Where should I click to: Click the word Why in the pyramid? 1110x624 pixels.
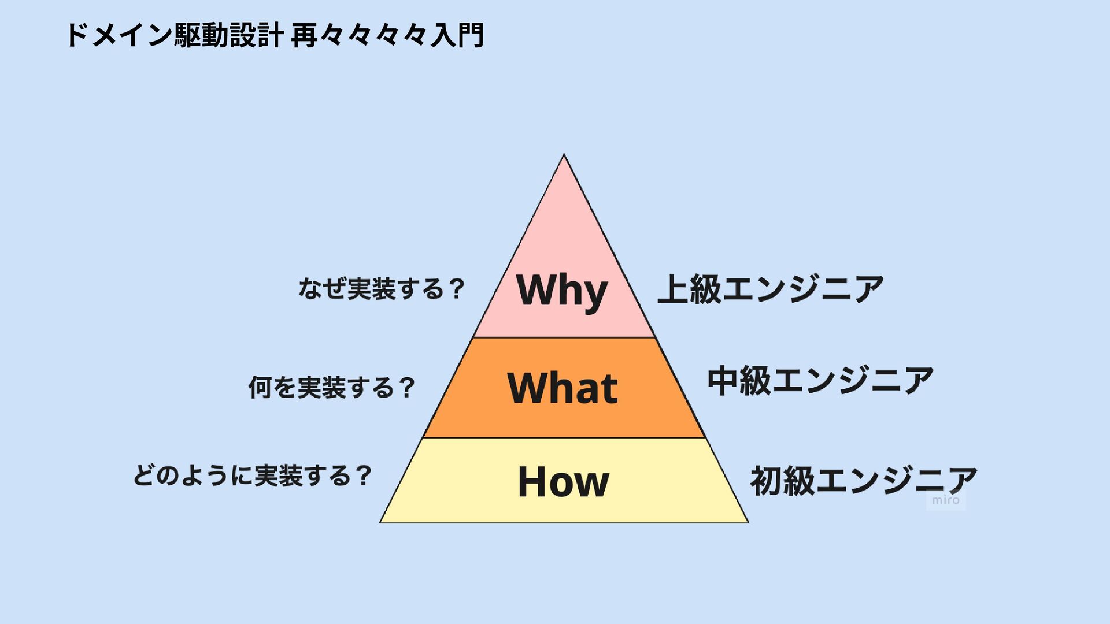point(562,290)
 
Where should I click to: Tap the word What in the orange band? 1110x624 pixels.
point(563,388)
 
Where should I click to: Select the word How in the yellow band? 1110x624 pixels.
point(563,482)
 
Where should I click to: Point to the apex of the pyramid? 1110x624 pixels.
point(564,155)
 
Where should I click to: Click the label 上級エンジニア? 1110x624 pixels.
point(771,289)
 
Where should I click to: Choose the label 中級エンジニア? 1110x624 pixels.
point(820,381)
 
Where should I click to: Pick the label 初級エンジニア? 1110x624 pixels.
point(863,481)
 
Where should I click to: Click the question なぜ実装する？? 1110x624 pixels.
point(382,289)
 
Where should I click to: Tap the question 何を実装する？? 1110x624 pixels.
point(332,387)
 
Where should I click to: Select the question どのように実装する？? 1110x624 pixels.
point(252,476)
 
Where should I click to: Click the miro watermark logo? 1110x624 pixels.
point(946,500)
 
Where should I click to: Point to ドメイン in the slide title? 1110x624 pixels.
point(119,36)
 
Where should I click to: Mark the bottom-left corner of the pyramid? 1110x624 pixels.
point(380,522)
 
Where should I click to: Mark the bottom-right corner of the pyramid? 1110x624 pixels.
point(748,522)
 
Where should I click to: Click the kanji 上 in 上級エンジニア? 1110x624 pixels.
point(673,289)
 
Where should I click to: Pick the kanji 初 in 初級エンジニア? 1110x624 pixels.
point(766,481)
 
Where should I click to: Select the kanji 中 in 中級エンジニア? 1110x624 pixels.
point(723,381)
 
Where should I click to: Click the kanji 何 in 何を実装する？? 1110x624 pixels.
point(260,387)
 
